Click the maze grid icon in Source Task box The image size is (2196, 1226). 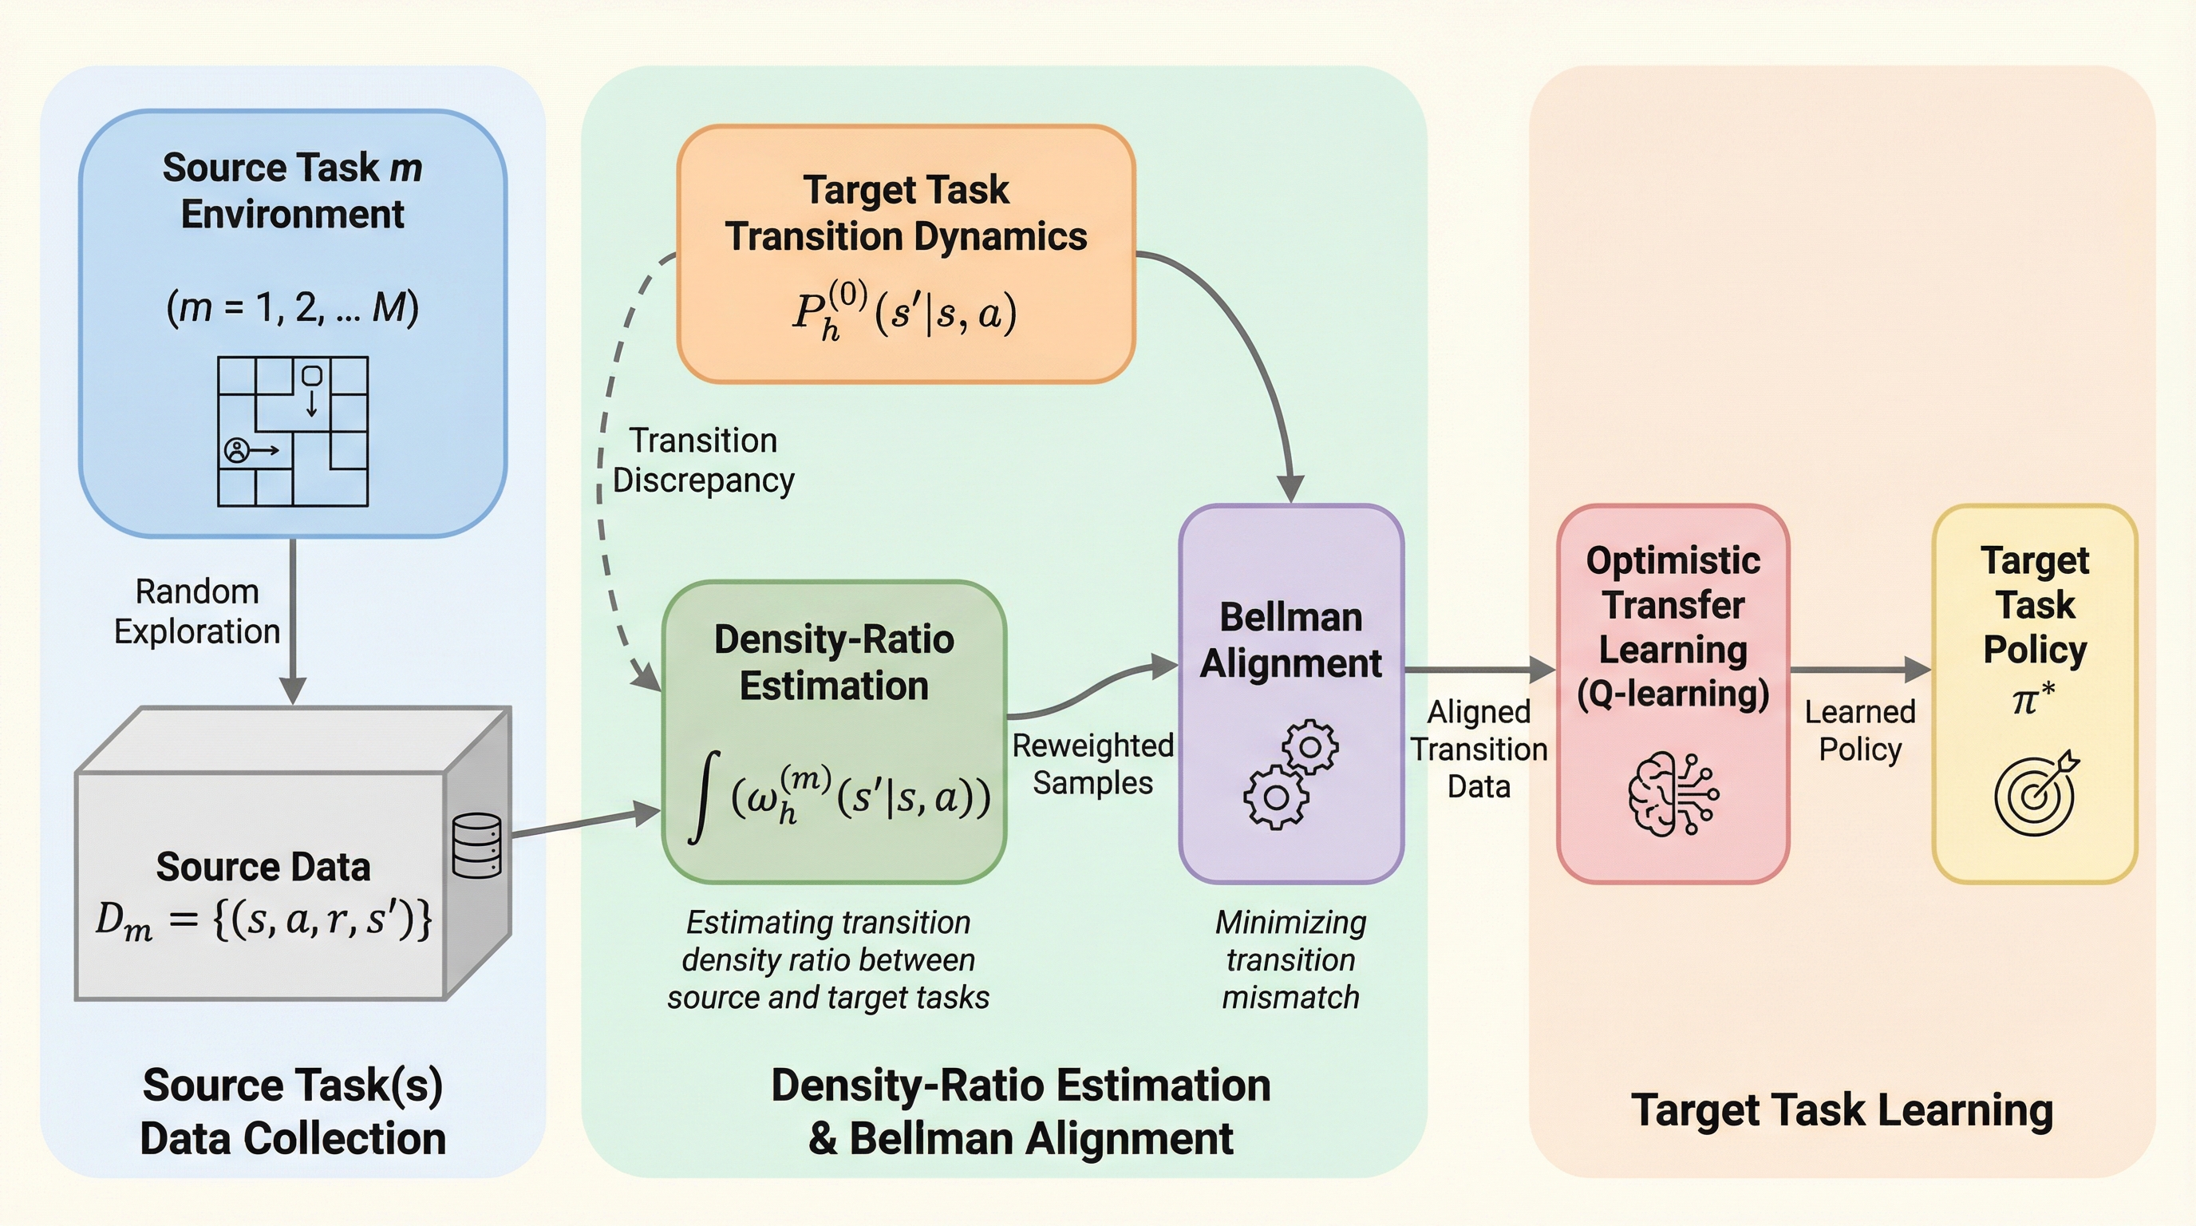point(292,431)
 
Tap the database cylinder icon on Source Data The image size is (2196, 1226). point(476,846)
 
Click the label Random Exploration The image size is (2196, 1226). point(197,611)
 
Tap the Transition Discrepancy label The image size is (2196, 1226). point(703,461)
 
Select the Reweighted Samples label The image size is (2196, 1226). point(1092,764)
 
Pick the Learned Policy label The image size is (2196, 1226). point(1859,730)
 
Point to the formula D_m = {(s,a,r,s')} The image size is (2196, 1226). point(263,920)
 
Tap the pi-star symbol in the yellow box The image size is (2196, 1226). point(2033,699)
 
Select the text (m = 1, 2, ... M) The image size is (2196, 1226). point(292,307)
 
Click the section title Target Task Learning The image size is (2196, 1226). point(1842,1110)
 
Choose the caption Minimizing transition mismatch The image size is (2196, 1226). point(1290,959)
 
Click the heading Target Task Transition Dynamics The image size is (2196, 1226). point(906,213)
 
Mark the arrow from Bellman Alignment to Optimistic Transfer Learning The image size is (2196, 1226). point(1480,670)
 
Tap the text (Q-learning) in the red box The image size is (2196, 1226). point(1673,693)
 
